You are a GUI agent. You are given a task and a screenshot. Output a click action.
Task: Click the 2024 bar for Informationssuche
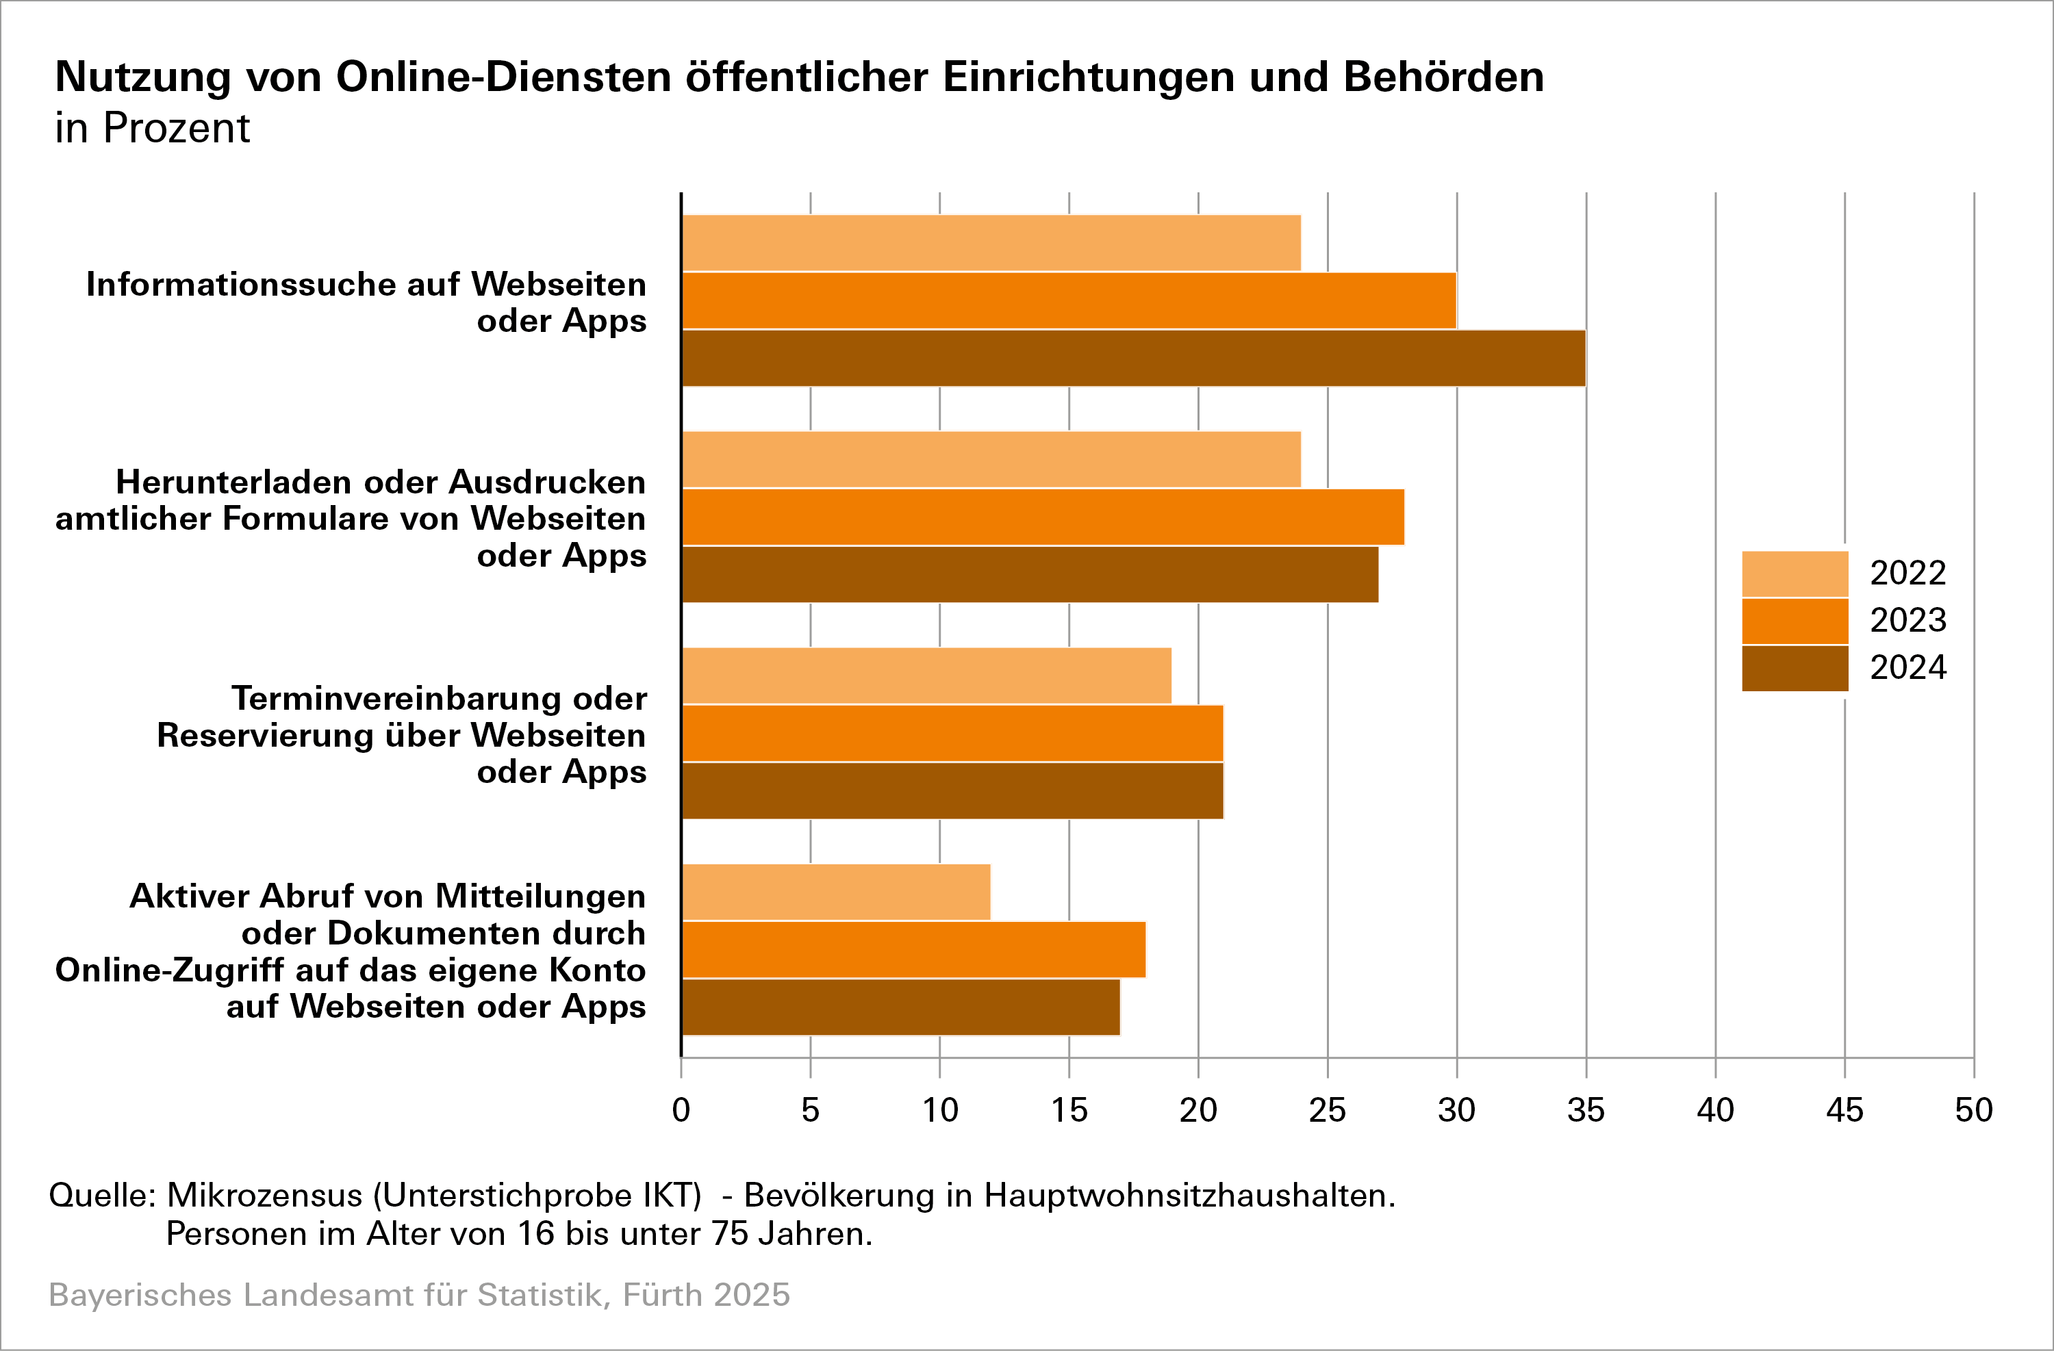click(x=1133, y=358)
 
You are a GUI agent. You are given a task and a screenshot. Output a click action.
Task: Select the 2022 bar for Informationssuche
click(x=991, y=242)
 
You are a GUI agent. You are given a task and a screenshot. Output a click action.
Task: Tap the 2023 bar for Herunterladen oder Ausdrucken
click(x=1043, y=517)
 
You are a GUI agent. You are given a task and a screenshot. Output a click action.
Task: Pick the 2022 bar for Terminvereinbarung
click(x=926, y=675)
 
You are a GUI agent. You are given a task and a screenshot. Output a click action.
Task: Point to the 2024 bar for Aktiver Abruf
click(x=900, y=1007)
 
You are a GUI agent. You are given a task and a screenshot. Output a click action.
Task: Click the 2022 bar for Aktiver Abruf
click(x=835, y=892)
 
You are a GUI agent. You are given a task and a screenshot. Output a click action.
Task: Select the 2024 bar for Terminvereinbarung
click(x=952, y=790)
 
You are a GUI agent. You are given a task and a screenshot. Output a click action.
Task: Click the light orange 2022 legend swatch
click(x=1795, y=574)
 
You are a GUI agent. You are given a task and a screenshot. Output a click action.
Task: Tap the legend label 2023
click(x=1907, y=620)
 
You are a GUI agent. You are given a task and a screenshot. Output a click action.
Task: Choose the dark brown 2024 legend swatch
click(x=1795, y=669)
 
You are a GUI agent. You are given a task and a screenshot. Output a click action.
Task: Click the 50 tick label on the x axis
click(x=1973, y=1110)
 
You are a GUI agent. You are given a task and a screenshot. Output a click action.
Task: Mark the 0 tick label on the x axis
click(x=681, y=1110)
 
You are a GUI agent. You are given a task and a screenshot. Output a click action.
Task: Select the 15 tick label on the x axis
click(x=1069, y=1110)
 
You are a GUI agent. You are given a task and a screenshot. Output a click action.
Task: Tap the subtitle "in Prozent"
click(x=152, y=129)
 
